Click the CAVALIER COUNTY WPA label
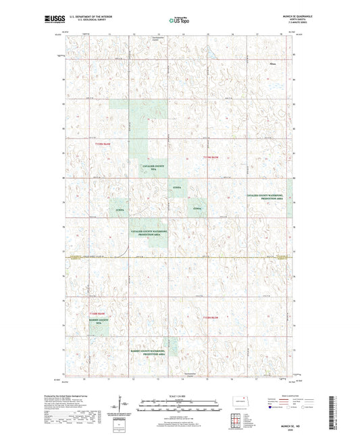point(153,166)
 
